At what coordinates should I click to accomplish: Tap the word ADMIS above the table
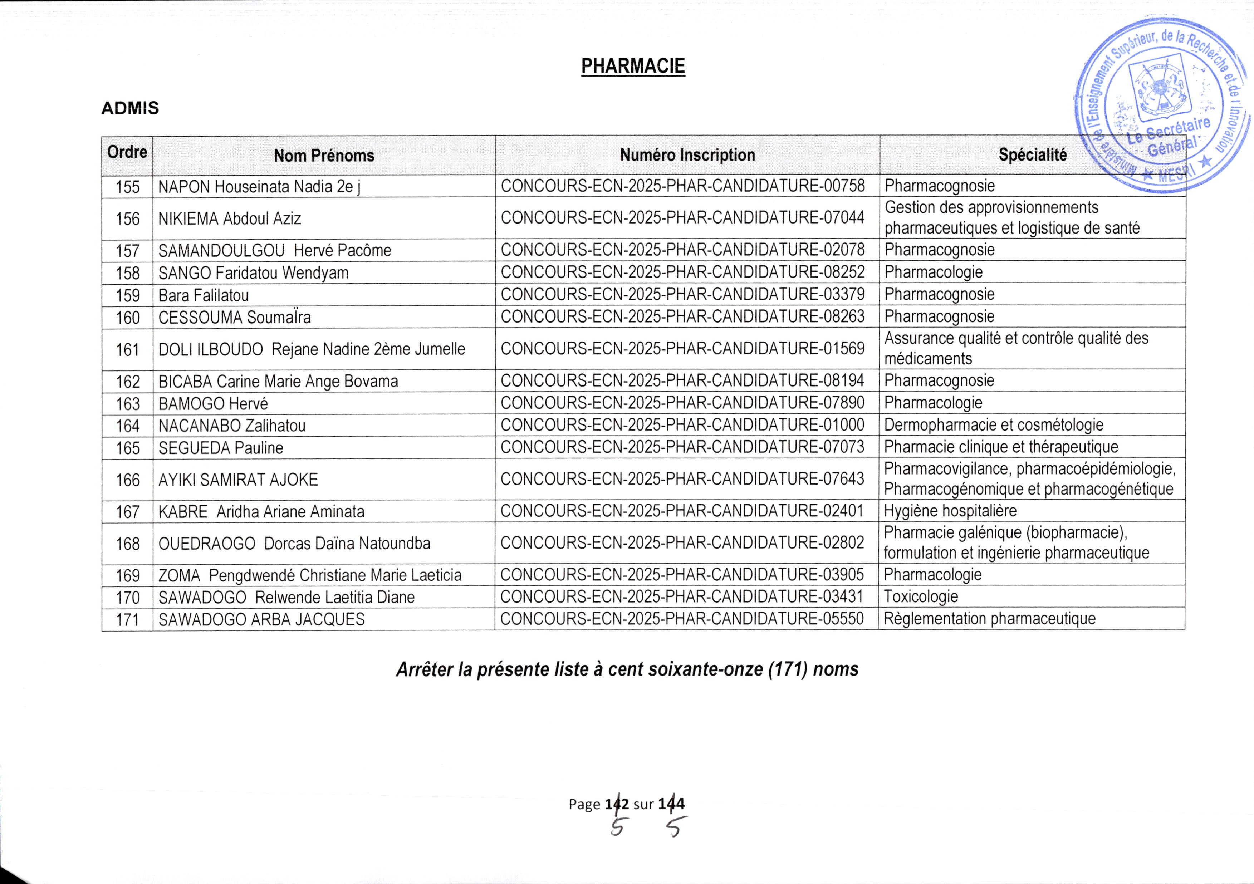click(x=130, y=108)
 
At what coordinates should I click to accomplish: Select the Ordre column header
click(x=127, y=152)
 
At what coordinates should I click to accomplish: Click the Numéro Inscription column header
click(x=687, y=156)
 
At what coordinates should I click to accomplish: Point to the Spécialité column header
click(x=1032, y=156)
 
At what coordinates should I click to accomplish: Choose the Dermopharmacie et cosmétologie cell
click(x=994, y=425)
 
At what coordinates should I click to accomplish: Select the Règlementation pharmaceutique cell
click(x=989, y=619)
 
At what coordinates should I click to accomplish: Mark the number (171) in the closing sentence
click(x=787, y=669)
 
